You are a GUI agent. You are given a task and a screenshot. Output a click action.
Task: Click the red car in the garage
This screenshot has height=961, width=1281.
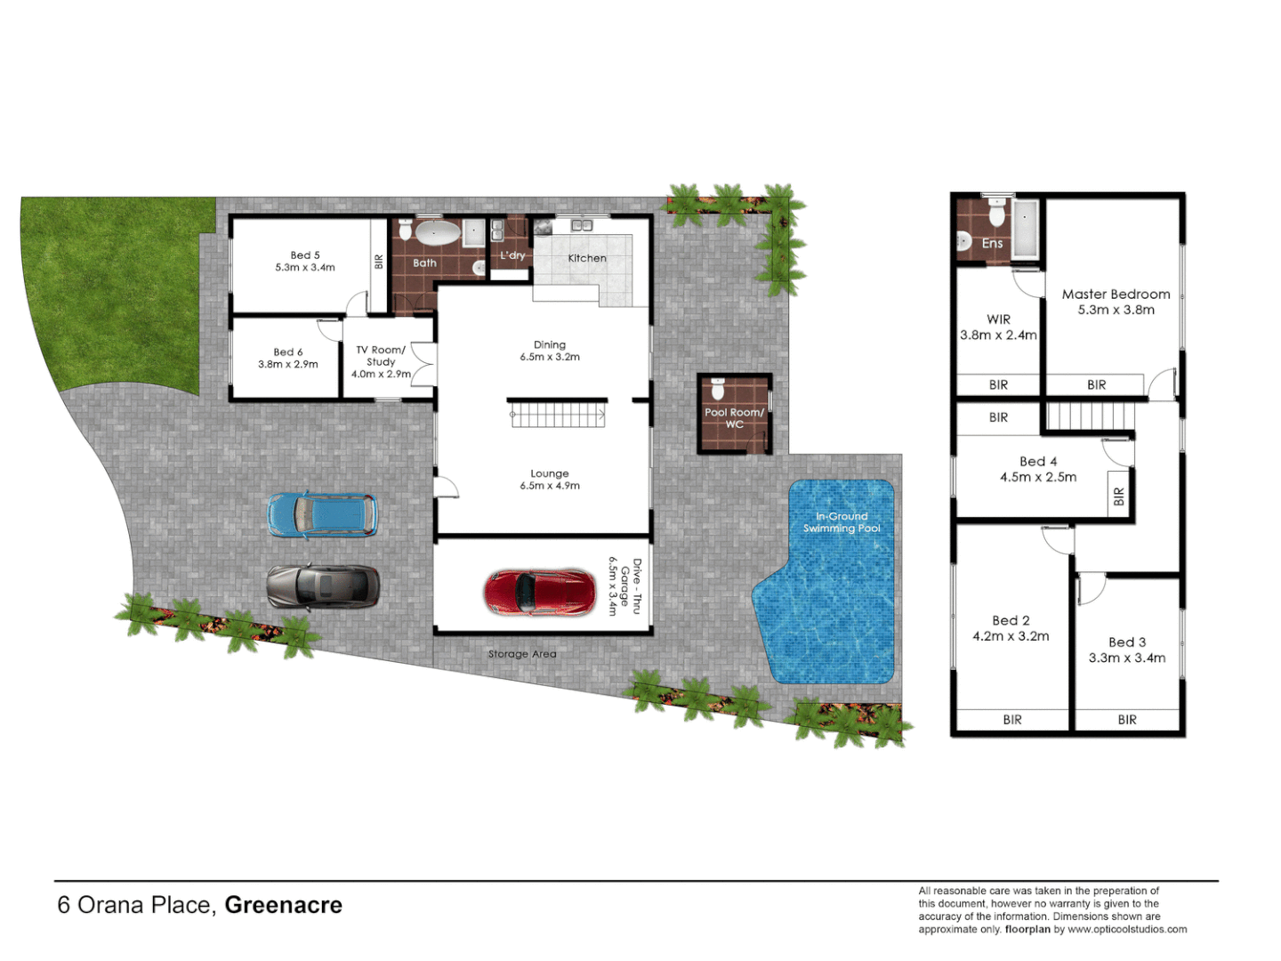click(539, 593)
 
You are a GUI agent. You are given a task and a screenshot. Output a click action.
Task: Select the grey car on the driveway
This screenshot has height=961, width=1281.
click(323, 587)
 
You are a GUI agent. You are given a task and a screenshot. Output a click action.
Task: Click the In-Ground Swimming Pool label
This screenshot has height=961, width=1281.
click(842, 522)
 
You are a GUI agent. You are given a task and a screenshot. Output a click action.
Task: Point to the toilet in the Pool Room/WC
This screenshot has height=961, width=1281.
click(719, 391)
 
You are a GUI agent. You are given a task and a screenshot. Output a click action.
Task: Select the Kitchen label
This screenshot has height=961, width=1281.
click(587, 258)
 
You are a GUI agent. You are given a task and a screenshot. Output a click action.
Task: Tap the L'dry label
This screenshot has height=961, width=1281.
click(512, 255)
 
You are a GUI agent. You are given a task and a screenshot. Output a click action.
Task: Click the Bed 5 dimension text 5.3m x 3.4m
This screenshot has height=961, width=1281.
click(305, 268)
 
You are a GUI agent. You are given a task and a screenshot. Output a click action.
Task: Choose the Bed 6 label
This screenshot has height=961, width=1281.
click(288, 352)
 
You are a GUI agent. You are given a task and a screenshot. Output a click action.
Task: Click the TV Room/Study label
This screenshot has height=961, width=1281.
click(381, 356)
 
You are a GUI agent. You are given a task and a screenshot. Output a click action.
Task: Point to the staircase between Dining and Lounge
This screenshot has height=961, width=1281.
click(558, 415)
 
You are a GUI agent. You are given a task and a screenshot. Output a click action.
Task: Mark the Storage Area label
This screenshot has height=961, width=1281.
click(522, 654)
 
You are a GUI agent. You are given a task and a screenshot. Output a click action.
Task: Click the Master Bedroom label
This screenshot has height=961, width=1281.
click(1116, 294)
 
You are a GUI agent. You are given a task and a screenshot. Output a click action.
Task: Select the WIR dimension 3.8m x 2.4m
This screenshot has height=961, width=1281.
click(998, 335)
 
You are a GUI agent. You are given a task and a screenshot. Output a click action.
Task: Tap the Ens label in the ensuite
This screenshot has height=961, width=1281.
click(992, 243)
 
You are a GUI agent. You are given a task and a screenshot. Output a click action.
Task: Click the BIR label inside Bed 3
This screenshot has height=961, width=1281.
click(1127, 720)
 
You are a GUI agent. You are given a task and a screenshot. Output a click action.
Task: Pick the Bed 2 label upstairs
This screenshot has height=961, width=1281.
click(1011, 620)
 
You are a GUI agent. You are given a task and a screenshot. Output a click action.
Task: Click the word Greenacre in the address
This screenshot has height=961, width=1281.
click(283, 905)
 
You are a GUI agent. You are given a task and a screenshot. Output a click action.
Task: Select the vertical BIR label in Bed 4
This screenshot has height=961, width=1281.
click(1119, 497)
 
